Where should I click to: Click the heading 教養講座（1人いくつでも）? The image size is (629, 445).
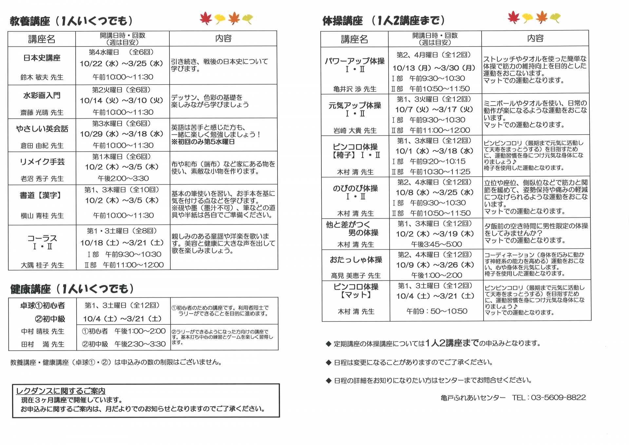71,21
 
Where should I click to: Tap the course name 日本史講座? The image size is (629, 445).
42,58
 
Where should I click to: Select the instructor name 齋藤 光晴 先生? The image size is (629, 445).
42,113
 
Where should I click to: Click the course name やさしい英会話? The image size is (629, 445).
42,129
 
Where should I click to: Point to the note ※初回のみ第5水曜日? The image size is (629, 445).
203,142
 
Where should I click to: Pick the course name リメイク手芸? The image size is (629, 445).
42,162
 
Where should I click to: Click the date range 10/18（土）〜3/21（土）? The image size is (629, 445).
122,243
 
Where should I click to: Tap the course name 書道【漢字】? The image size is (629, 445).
41,196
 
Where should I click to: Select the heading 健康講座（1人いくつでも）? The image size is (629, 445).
72,289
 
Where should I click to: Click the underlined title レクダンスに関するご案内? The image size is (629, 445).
61,391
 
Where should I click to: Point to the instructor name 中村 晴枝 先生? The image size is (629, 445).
43,332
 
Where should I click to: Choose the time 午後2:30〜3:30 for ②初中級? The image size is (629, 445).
140,344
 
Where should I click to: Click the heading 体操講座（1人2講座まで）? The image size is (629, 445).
384,21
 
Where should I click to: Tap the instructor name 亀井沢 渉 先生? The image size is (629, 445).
355,89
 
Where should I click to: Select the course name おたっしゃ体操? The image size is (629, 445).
356,260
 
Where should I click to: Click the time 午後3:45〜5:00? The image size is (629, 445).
436,244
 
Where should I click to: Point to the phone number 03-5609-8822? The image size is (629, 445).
558,398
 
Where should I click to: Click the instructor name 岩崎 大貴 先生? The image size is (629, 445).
355,131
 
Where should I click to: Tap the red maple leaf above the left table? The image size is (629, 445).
206,18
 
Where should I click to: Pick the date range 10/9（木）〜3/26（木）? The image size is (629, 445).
435,265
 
